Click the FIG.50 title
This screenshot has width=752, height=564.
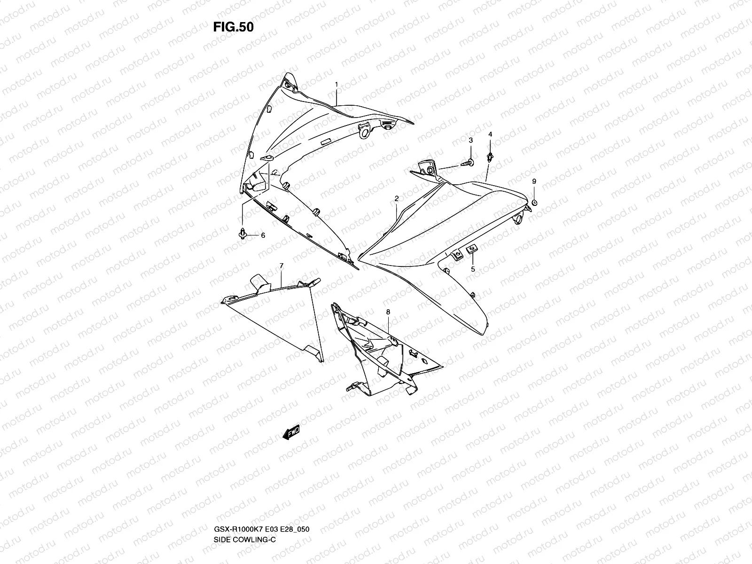tap(233, 27)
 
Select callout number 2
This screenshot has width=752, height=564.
tap(396, 199)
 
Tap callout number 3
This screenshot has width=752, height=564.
tap(470, 140)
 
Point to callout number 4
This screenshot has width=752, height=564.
tap(490, 134)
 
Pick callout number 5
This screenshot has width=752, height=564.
tap(473, 269)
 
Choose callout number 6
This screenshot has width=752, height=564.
tap(263, 235)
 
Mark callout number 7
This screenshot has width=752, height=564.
tap(281, 266)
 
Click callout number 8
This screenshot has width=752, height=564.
tap(388, 312)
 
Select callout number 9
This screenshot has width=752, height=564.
tap(534, 181)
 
